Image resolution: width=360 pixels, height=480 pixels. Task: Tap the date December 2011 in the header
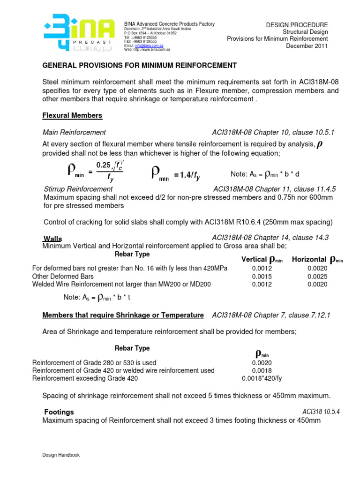(307, 46)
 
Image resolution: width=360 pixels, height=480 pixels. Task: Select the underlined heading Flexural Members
(72, 115)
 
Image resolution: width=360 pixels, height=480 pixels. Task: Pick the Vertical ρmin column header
(262, 260)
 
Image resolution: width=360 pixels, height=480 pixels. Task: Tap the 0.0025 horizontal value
(317, 277)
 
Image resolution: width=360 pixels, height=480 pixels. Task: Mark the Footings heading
(59, 412)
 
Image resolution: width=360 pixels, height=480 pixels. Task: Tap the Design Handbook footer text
(61, 455)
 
